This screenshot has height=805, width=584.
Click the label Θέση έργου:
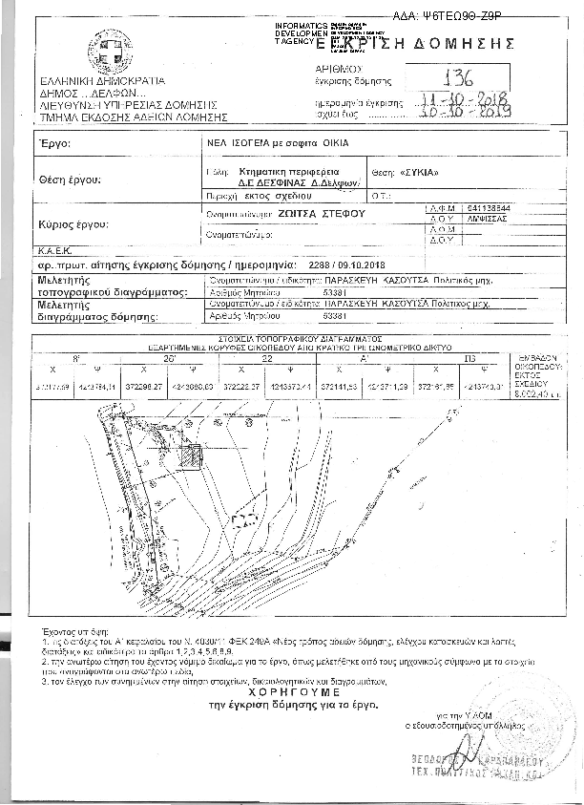click(70, 179)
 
